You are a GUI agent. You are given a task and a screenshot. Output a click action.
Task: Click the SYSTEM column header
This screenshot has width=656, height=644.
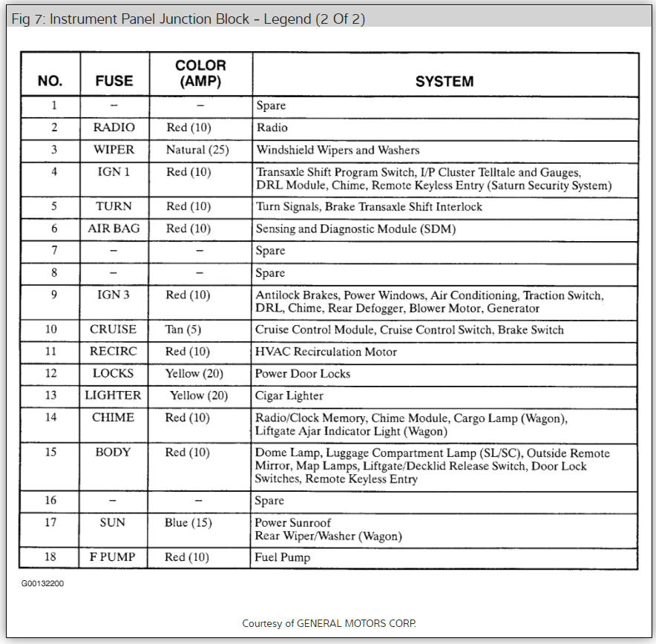tap(444, 82)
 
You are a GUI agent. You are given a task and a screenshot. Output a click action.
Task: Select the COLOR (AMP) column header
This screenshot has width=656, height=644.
tap(200, 74)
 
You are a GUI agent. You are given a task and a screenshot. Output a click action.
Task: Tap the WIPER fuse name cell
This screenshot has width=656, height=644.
tap(114, 150)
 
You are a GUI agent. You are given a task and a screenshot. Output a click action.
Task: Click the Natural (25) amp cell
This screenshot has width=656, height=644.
tap(197, 150)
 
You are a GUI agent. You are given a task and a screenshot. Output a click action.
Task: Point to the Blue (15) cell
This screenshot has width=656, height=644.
tap(188, 523)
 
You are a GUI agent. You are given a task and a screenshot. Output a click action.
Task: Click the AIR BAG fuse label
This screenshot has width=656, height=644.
tap(114, 229)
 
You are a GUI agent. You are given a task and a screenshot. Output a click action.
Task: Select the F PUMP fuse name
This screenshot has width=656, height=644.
tap(113, 557)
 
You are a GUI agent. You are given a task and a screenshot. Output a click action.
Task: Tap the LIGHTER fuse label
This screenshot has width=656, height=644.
tap(113, 395)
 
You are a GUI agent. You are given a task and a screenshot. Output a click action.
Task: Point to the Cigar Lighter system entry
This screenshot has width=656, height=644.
tap(289, 396)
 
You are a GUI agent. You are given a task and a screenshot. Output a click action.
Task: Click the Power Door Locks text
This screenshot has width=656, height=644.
tap(303, 374)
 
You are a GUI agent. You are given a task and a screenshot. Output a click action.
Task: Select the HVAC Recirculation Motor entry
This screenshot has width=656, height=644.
tap(326, 352)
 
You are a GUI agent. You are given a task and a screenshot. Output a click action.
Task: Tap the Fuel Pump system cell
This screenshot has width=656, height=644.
tap(283, 557)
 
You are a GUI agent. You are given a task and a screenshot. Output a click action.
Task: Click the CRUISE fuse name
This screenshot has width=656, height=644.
tap(113, 329)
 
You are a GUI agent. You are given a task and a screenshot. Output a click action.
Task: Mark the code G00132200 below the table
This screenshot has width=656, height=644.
tap(42, 584)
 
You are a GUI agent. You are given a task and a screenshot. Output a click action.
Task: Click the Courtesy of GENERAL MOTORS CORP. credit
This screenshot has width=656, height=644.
tap(334, 623)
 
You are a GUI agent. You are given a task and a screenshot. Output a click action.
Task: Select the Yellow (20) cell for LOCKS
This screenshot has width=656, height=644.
tap(194, 374)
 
